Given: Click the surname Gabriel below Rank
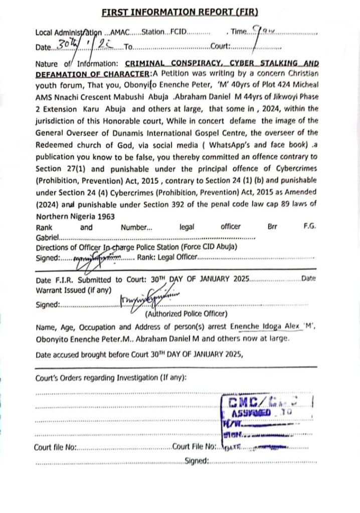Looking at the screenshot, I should [48, 237].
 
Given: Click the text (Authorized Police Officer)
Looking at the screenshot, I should [186, 314].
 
